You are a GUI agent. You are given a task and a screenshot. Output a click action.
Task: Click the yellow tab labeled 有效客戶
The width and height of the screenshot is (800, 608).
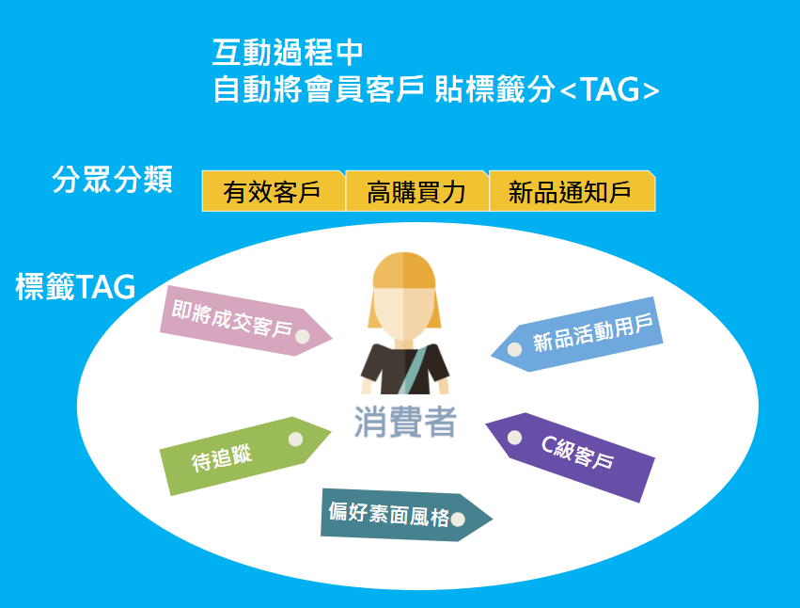click(x=274, y=191)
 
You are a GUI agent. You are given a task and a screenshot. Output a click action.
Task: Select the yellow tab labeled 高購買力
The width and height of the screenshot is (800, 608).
click(x=417, y=191)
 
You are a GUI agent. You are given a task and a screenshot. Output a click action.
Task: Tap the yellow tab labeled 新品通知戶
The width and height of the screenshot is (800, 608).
click(x=572, y=191)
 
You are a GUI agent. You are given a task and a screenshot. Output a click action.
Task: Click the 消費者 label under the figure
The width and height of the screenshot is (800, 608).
click(x=405, y=422)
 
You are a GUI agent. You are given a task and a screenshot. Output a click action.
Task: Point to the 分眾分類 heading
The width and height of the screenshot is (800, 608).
click(x=112, y=180)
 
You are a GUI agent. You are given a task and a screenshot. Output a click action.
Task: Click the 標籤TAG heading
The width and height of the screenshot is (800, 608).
click(x=75, y=286)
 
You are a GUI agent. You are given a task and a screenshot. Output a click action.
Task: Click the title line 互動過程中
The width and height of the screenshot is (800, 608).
click(x=288, y=52)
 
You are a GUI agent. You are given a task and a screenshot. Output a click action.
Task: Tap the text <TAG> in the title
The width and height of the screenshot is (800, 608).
click(x=609, y=90)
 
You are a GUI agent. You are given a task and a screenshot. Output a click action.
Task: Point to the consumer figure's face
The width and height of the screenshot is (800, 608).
click(x=404, y=312)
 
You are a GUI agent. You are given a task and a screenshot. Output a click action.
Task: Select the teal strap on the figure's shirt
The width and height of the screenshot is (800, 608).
click(x=414, y=369)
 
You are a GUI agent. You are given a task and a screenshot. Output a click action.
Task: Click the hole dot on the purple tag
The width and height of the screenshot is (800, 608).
click(x=514, y=438)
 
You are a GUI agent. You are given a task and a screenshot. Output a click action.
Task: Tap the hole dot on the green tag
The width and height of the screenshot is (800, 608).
click(x=295, y=439)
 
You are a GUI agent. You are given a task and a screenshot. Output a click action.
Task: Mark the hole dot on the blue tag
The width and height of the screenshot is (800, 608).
click(x=514, y=349)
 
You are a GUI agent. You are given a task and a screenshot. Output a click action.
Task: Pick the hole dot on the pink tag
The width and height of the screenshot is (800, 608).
click(x=303, y=336)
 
